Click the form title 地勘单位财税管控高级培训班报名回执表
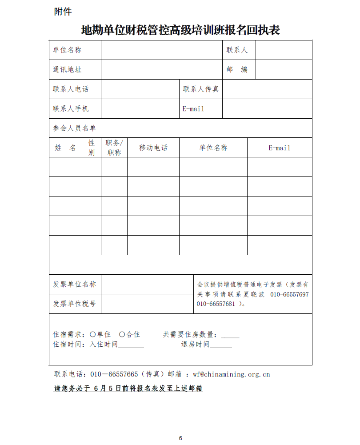180,30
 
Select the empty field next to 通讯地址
161,69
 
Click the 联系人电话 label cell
71,89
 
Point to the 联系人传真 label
201,89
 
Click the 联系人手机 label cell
71,108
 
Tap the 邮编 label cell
237,69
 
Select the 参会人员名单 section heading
74,128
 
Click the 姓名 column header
65,148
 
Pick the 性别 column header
92,148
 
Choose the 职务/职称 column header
114,148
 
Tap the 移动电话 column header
153,148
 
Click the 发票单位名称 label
74,284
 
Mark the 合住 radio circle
122,334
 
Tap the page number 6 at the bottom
180,438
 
